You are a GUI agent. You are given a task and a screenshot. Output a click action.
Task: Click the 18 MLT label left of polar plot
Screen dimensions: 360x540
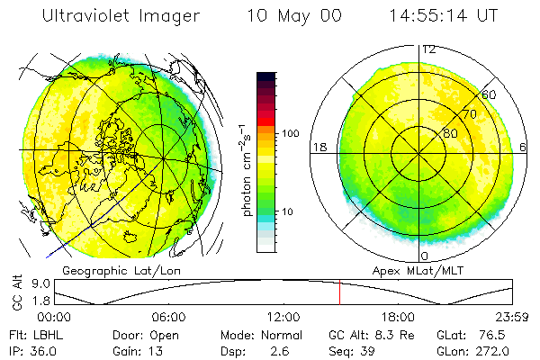318,147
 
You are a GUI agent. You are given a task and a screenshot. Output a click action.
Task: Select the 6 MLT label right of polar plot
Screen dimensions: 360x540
525,147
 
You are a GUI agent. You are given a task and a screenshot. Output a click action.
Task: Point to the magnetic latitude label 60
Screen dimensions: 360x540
490,94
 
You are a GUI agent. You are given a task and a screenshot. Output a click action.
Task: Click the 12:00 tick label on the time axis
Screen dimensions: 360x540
283,317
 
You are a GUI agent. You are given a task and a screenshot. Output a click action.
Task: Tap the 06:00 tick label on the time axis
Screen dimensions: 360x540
168,317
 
